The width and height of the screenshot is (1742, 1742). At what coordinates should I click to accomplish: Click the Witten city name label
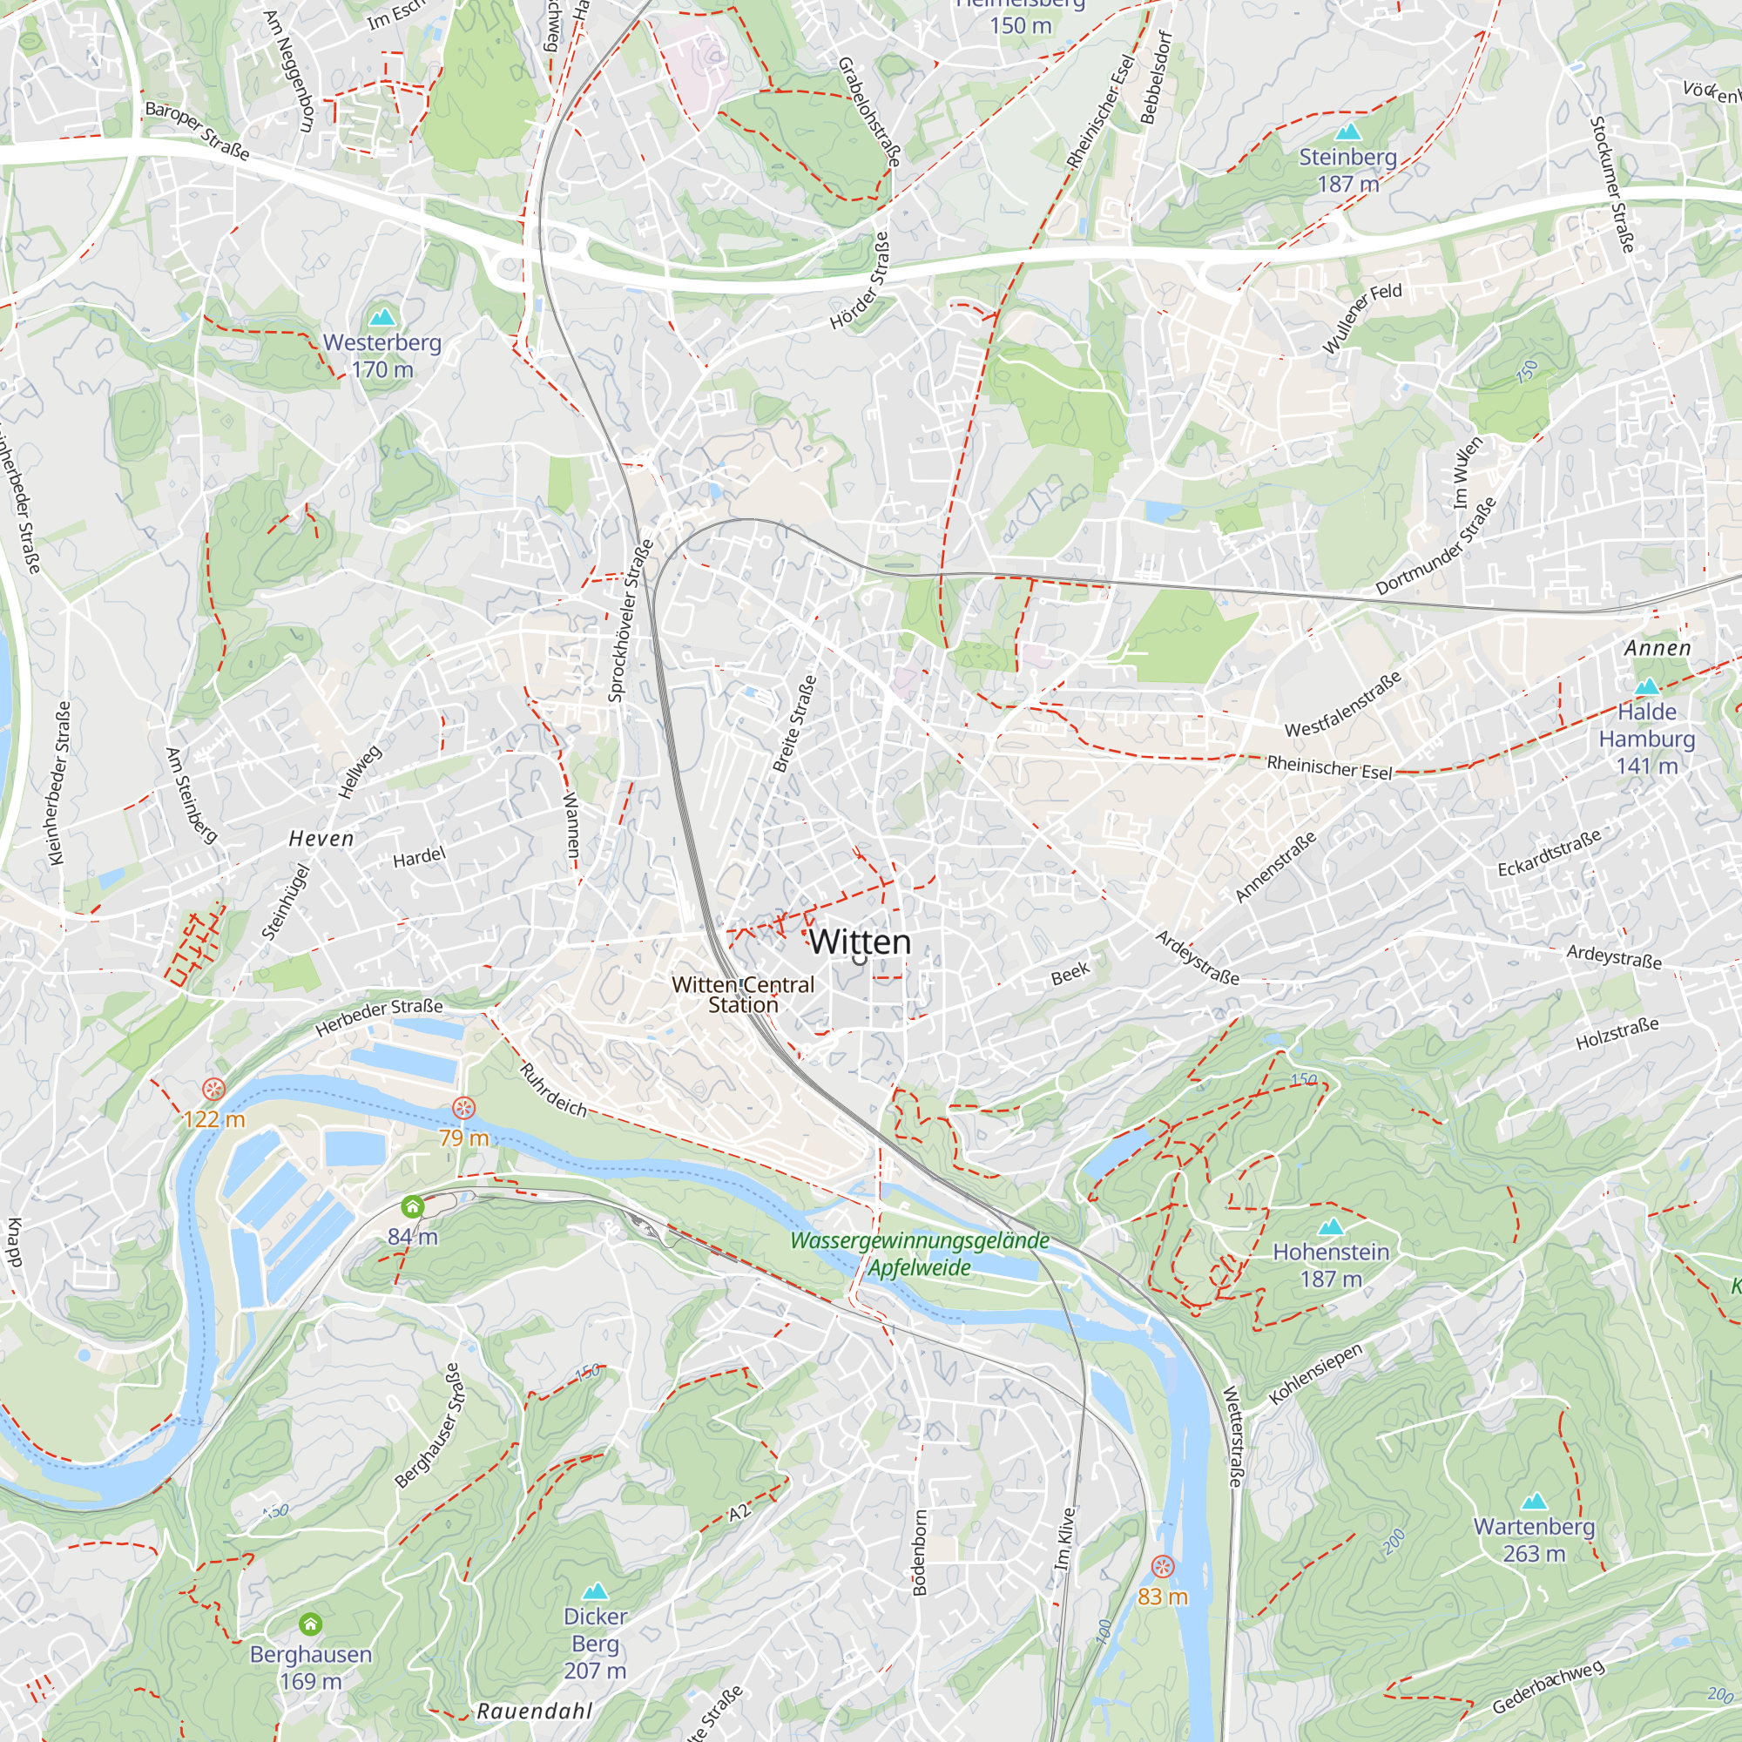tap(860, 942)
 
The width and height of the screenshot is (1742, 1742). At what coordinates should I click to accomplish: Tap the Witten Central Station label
tap(742, 995)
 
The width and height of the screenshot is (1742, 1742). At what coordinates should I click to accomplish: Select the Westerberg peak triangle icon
tap(382, 316)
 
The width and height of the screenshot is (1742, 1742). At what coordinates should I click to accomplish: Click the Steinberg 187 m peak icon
tap(1347, 132)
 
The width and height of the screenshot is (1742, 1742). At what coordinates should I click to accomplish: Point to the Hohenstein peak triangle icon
tap(1331, 1226)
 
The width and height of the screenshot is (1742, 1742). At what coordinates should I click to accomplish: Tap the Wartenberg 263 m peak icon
tap(1534, 1502)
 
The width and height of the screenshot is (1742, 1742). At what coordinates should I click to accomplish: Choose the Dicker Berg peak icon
tap(594, 1591)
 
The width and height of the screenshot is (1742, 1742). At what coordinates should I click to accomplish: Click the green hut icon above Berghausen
tap(310, 1624)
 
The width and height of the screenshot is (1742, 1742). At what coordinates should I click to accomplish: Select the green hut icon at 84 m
tap(412, 1206)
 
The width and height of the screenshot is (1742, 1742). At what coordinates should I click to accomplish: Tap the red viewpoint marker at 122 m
tap(213, 1088)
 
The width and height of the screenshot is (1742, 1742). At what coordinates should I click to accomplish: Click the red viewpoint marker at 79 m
tap(463, 1107)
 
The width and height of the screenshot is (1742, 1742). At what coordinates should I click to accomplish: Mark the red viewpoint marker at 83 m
tap(1163, 1566)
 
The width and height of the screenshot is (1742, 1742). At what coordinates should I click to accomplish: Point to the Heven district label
tap(321, 839)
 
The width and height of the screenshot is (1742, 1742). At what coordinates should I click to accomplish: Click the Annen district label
tap(1658, 648)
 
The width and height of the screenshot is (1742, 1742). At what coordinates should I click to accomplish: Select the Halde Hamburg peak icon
tap(1646, 686)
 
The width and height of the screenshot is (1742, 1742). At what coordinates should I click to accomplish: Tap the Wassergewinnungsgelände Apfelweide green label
tap(920, 1253)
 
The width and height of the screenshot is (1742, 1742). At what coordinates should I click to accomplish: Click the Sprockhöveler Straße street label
tap(630, 621)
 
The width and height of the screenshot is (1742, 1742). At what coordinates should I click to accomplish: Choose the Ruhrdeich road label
tap(554, 1090)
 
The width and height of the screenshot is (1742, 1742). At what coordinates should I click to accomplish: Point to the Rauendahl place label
tap(534, 1711)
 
